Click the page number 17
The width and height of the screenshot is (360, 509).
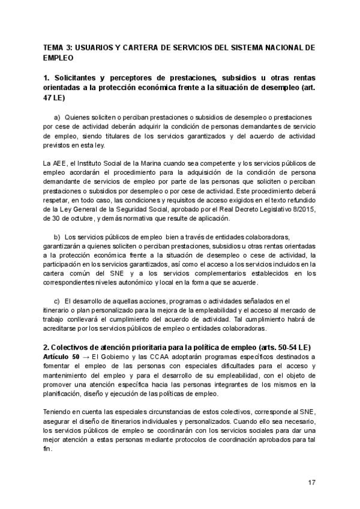311,482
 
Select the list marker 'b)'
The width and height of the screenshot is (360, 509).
58,236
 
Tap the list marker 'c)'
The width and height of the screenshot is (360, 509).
58,301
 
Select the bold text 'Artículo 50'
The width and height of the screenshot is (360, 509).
62,358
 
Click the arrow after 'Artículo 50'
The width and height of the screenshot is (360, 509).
86,358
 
